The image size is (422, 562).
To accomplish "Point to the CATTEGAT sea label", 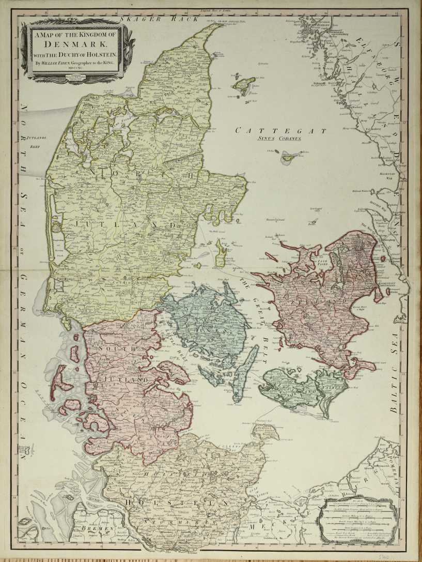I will click(280, 131).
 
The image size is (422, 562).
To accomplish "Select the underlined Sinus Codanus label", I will click(280, 140).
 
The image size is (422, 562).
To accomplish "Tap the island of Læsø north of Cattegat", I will click(243, 85).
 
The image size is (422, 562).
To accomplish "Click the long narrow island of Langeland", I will click(240, 372).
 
